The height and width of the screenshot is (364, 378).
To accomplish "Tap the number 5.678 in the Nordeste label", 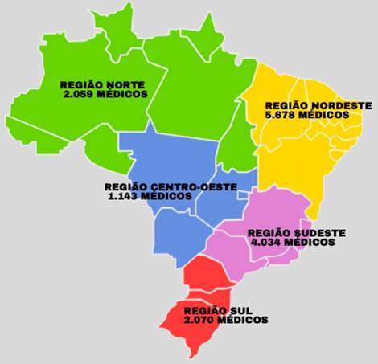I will pyautogui.click(x=282, y=115).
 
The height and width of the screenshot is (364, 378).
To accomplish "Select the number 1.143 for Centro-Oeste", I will pyautogui.click(x=123, y=196).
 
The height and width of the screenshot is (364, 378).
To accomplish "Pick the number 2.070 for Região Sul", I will pyautogui.click(x=200, y=320).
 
